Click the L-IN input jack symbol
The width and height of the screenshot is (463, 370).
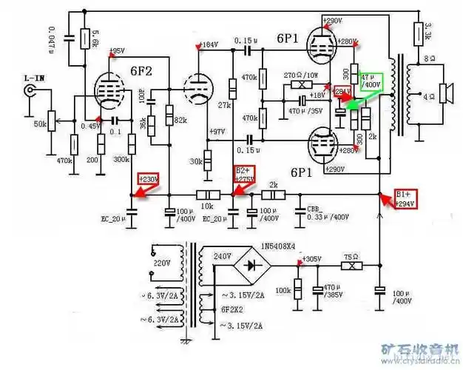(30, 90)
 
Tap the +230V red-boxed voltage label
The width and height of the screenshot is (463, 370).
(149, 179)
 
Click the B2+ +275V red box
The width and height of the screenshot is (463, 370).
(245, 175)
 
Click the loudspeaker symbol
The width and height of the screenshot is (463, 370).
(445, 92)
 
